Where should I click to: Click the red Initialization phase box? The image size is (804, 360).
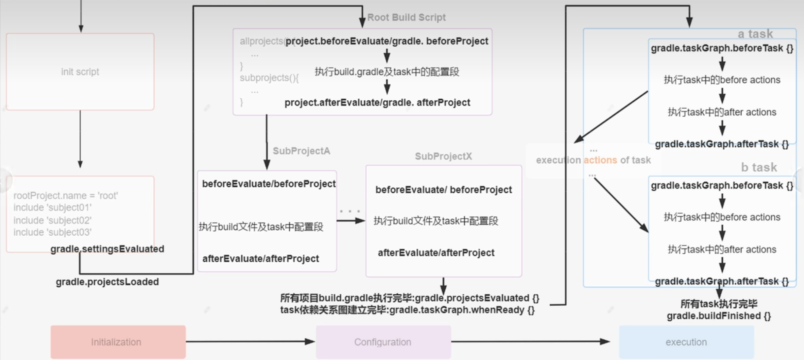(118, 342)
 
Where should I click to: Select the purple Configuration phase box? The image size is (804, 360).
(383, 342)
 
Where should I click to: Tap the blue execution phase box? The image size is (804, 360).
(686, 342)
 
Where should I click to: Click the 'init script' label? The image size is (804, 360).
(80, 72)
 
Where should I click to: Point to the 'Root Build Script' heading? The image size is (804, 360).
(406, 17)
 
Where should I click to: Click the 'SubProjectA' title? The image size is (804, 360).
(301, 151)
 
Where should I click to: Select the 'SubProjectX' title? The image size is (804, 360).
(443, 156)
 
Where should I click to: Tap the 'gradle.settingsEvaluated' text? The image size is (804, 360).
(107, 249)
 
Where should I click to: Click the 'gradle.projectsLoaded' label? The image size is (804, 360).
(107, 282)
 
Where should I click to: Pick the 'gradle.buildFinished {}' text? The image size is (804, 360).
(719, 316)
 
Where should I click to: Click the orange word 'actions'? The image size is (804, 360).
(600, 160)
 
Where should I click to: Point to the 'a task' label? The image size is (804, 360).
(755, 34)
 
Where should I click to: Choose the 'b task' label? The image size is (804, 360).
(759, 167)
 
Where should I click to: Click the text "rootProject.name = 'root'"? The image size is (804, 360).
(65, 196)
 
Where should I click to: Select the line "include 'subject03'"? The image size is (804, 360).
(52, 232)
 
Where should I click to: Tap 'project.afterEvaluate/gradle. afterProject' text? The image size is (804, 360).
(377, 103)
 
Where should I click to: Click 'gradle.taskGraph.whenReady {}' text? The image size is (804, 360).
(462, 310)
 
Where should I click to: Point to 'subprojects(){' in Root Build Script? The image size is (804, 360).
(269, 78)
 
